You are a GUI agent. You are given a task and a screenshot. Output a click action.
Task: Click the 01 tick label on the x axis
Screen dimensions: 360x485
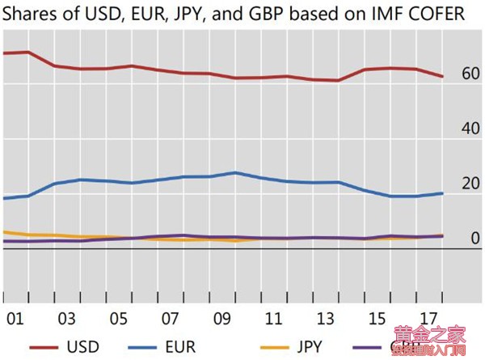click(x=15, y=316)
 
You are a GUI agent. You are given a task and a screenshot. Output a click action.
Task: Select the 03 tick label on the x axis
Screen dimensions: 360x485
click(x=67, y=316)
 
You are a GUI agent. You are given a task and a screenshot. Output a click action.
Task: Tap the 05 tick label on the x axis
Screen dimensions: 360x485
click(x=119, y=316)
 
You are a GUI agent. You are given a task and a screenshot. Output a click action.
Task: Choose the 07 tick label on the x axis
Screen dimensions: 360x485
click(x=171, y=316)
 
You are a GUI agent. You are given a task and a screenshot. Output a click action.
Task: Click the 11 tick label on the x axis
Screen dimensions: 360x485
click(x=274, y=316)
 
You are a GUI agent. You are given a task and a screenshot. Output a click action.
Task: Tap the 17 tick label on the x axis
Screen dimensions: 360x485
click(x=429, y=316)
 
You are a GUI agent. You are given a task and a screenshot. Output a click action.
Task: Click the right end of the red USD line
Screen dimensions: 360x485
click(x=442, y=77)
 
